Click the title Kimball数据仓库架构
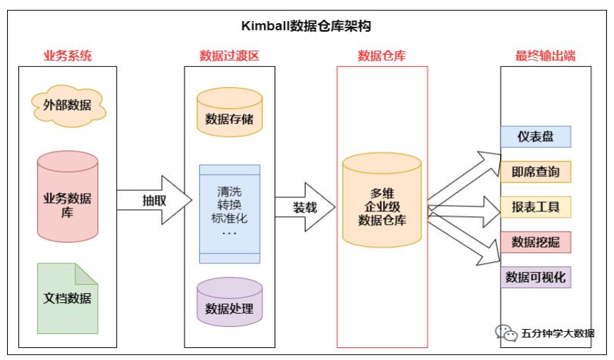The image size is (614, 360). click(306, 27)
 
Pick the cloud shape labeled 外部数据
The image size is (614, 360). click(68, 105)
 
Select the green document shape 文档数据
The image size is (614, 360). click(68, 298)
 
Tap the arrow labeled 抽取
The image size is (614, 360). click(155, 199)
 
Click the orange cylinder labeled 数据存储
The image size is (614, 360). click(230, 113)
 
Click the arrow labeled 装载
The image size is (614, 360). click(305, 208)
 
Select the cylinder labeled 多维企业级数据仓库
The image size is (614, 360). click(382, 206)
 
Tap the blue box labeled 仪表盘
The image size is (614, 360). click(536, 137)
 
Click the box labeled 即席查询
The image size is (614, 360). click(536, 172)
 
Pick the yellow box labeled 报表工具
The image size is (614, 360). click(536, 207)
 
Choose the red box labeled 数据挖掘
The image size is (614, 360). click(536, 242)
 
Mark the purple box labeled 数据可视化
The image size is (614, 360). click(536, 277)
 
